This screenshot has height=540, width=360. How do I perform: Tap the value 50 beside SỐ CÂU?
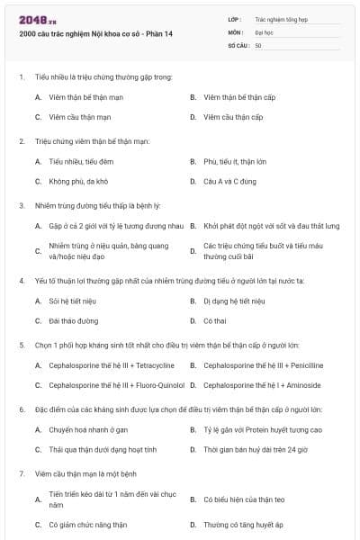coord(258,45)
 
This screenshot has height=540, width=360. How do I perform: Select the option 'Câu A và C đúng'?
coord(230,181)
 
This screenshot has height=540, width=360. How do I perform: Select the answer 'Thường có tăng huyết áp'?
coord(243,524)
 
